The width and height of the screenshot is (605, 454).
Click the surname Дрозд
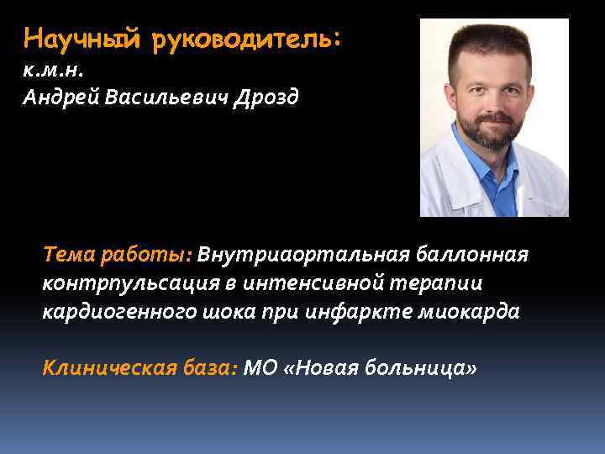tap(265, 98)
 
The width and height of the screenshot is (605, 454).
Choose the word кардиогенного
tap(121, 313)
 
